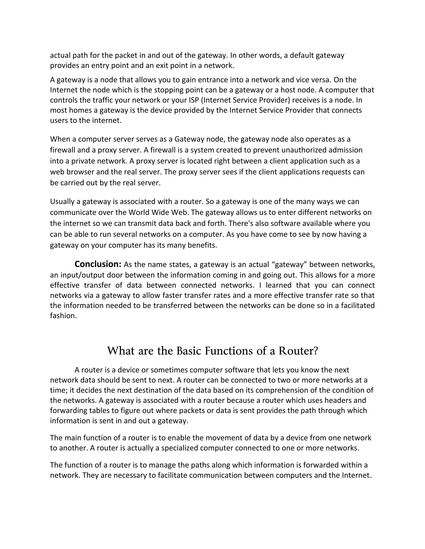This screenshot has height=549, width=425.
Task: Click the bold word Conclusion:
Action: coord(98,264)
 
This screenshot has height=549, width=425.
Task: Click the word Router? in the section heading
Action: coord(298,351)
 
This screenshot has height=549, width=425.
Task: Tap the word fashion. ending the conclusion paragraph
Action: coord(63,316)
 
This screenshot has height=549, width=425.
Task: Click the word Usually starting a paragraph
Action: coord(65,202)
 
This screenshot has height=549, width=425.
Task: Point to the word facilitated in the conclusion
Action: coord(358,305)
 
